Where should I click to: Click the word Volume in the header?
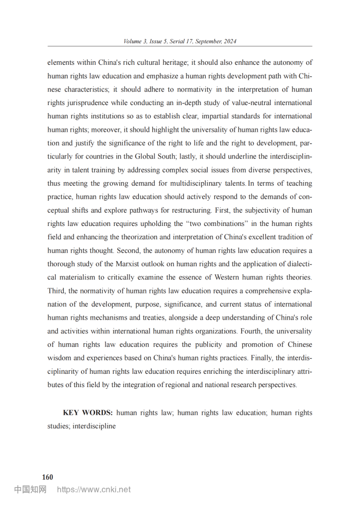pyautogui.click(x=133, y=41)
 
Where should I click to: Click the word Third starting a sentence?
pyautogui.click(x=56, y=291)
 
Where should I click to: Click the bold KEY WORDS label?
pyautogui.click(x=87, y=413)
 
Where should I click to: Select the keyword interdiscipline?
pyautogui.click(x=94, y=426)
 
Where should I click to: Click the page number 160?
pyautogui.click(x=47, y=477)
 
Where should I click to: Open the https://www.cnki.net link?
pyautogui.click(x=94, y=490)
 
